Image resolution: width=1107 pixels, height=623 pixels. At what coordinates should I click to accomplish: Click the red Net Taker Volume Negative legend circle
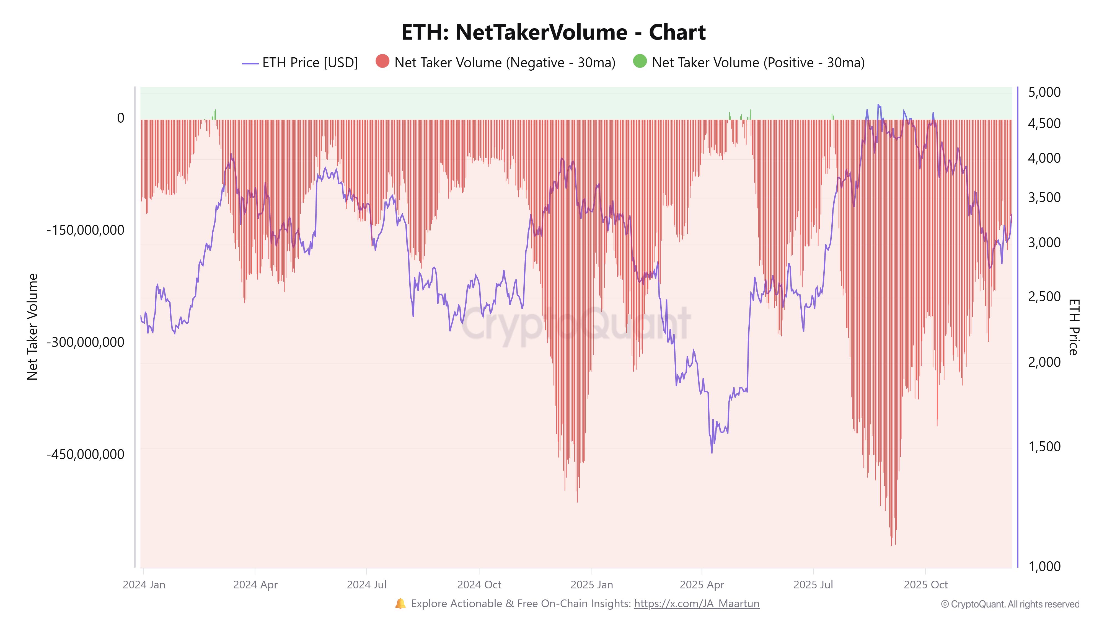click(x=382, y=61)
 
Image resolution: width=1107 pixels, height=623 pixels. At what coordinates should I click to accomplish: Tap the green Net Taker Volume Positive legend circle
click(x=640, y=61)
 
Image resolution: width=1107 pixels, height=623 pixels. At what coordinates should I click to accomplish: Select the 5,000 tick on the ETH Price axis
click(x=1044, y=92)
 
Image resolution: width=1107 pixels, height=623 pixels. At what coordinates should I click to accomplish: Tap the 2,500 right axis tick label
click(x=1044, y=296)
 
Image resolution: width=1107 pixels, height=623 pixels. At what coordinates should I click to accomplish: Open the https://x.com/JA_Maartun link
click(x=696, y=604)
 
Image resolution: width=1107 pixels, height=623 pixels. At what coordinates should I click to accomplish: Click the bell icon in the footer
click(x=400, y=603)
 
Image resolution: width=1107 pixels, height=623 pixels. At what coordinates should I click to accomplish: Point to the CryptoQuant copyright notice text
click(x=1010, y=604)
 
